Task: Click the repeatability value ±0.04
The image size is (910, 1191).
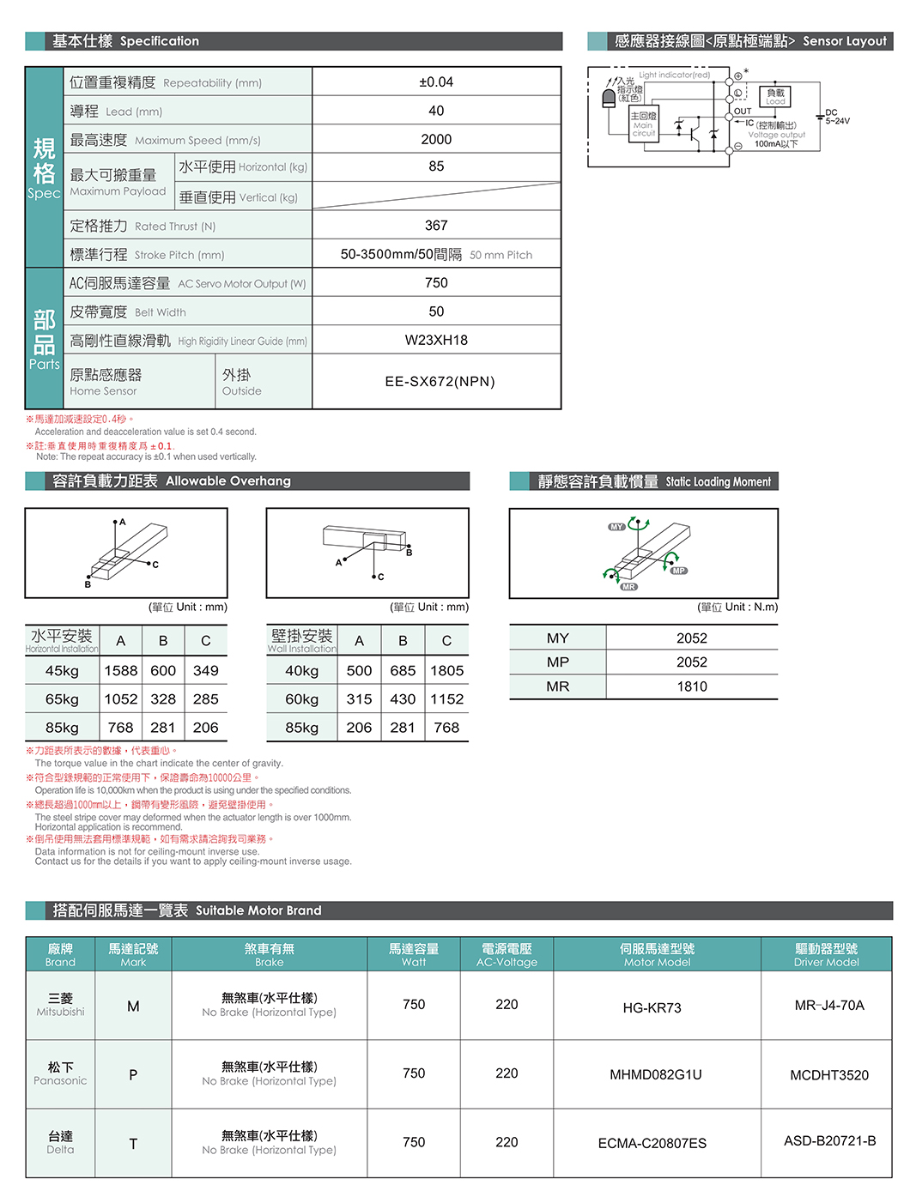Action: tap(436, 82)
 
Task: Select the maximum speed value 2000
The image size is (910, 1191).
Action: tap(436, 139)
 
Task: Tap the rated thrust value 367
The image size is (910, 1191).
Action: tap(436, 226)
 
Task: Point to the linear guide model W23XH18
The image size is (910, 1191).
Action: tap(436, 341)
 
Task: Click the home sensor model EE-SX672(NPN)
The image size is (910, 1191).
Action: tap(440, 382)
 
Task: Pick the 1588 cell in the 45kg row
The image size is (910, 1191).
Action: tap(121, 671)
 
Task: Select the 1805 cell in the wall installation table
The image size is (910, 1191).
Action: tap(447, 671)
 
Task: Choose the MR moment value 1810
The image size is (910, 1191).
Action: tap(692, 686)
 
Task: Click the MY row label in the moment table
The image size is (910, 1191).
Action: tap(558, 638)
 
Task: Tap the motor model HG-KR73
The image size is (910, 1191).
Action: tap(652, 1007)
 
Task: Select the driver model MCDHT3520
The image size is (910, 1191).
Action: tap(829, 1075)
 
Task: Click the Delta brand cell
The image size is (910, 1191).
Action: tap(60, 1142)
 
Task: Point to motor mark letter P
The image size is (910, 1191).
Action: tap(133, 1074)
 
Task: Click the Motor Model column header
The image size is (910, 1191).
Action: tap(657, 954)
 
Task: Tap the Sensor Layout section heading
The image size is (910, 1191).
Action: tap(750, 41)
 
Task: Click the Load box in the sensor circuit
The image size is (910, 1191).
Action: tap(775, 96)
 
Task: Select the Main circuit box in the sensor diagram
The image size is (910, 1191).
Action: tap(644, 124)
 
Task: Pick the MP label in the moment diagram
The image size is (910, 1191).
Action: tap(679, 571)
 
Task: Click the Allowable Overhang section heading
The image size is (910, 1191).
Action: tap(172, 481)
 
